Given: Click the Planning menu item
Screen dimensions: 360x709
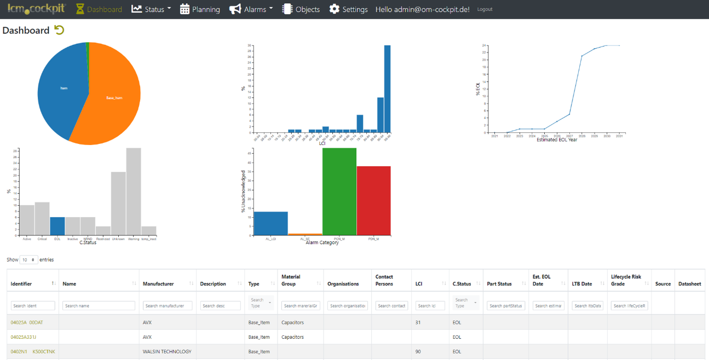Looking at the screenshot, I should point(200,9).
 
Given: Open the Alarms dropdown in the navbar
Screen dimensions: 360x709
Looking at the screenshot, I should point(251,9).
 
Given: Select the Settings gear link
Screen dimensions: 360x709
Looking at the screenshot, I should point(348,9).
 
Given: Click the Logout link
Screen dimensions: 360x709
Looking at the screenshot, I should point(485,9).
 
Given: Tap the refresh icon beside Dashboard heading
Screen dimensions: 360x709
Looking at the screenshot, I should point(59,30).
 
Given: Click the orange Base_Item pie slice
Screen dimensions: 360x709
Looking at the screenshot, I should point(112,98).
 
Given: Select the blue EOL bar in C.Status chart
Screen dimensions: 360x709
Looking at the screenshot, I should point(57,226).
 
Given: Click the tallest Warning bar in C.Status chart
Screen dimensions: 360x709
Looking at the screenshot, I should point(134,191).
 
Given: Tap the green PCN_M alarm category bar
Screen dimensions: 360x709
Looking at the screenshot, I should point(339,191).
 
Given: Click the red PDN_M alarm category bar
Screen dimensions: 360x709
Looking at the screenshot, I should point(373,200).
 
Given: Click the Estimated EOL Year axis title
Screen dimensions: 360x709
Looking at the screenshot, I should point(557,140).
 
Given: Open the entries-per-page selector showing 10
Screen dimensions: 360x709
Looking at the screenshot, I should point(28,260).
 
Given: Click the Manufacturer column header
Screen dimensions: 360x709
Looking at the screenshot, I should point(158,284).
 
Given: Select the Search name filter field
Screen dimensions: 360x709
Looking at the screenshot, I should point(99,306).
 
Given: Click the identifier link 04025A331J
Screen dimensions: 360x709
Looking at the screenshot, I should point(24,337).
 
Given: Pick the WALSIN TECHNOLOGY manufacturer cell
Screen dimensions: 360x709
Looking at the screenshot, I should point(167,352).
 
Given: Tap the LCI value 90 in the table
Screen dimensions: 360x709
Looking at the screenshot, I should point(418,352).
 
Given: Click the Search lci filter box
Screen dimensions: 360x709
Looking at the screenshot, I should point(430,306).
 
